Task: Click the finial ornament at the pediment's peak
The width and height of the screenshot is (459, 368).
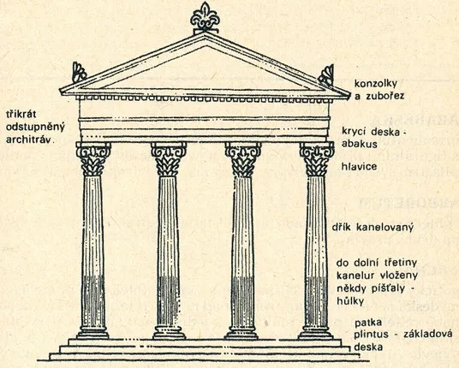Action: tap(205, 17)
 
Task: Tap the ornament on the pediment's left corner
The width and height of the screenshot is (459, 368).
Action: tap(79, 72)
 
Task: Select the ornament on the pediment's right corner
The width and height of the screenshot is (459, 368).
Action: tap(326, 75)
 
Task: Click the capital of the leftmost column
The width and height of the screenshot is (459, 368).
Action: tap(93, 158)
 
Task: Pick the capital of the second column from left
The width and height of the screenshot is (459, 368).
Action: tap(169, 159)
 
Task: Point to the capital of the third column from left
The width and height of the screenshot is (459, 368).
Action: tap(243, 159)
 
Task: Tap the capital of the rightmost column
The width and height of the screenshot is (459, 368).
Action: tap(317, 159)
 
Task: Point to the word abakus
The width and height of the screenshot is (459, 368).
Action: tap(360, 144)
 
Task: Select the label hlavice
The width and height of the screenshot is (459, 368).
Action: tap(359, 166)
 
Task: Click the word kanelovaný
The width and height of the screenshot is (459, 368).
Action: tap(384, 228)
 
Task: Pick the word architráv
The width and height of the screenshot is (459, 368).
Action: tap(30, 139)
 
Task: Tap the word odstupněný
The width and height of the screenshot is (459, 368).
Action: tap(35, 127)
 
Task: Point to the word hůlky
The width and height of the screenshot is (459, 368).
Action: tap(350, 300)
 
